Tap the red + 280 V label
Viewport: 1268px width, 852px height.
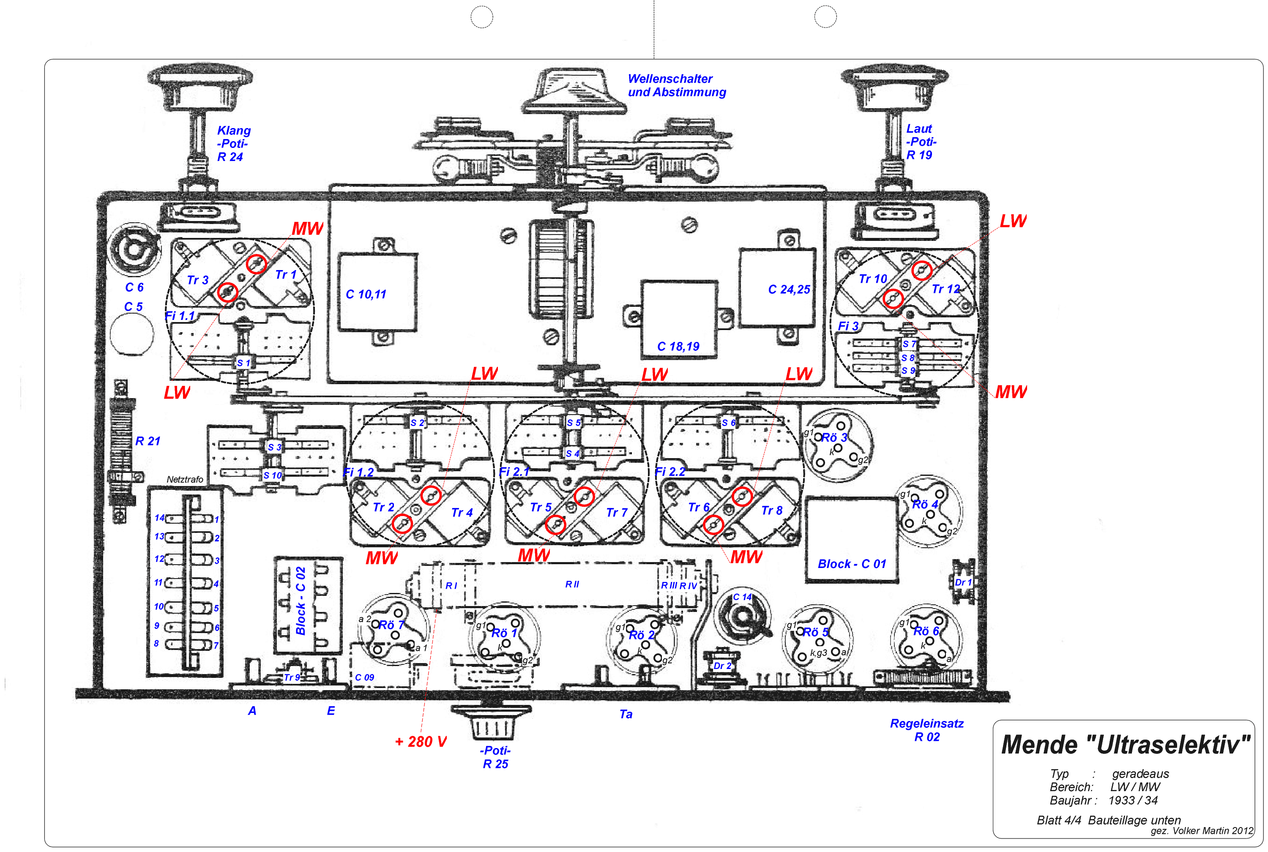click(x=421, y=742)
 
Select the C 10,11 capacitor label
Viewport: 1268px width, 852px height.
click(x=366, y=295)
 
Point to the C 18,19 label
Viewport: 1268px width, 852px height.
click(x=678, y=347)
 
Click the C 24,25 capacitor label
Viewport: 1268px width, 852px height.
click(x=788, y=289)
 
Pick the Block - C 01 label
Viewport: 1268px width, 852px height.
click(x=851, y=564)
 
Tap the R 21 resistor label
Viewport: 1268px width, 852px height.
click(x=147, y=441)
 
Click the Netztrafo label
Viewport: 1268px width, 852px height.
click(x=185, y=479)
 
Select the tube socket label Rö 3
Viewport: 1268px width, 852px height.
click(x=834, y=437)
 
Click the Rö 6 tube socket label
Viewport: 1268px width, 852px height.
click(x=926, y=631)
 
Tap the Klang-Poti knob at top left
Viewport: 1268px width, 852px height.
click(x=199, y=87)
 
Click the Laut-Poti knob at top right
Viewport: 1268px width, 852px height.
click(x=894, y=87)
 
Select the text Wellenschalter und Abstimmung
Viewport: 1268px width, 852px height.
click(x=676, y=86)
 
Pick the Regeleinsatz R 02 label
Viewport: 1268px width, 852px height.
click(x=926, y=730)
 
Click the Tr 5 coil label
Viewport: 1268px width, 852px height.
click(x=541, y=508)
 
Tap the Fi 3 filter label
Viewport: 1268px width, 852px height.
click(x=847, y=326)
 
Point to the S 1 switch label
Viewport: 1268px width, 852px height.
click(x=243, y=363)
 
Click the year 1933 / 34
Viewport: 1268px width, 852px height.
click(x=1133, y=800)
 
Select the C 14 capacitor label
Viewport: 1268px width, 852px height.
click(x=742, y=597)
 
